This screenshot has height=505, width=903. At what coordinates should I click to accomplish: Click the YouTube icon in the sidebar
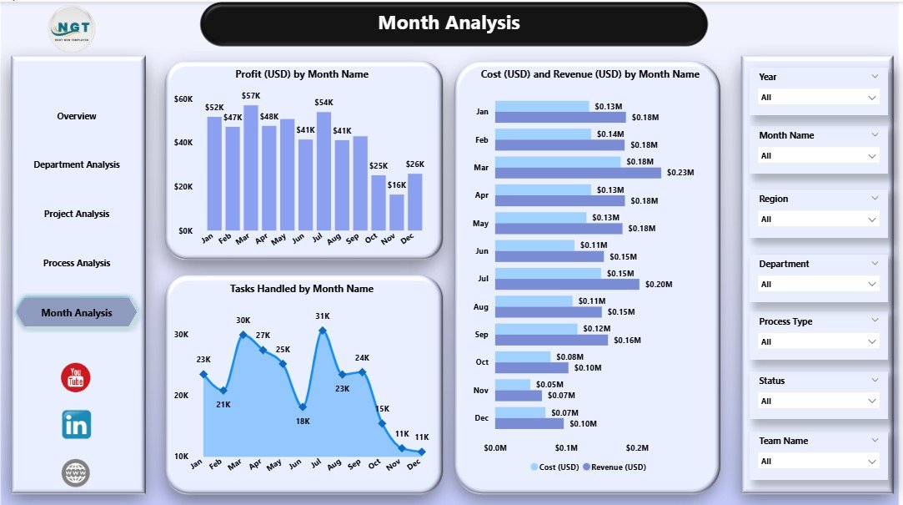76,377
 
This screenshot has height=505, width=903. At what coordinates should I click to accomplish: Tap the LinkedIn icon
77,425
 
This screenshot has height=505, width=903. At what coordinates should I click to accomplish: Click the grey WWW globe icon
76,473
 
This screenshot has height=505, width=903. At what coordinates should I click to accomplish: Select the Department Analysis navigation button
77,164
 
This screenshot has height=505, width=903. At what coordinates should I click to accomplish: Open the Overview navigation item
77,116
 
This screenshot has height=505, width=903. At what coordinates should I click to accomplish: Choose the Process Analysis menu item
77,263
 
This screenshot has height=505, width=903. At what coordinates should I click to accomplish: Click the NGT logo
72,28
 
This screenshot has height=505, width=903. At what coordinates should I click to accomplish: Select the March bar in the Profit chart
251,168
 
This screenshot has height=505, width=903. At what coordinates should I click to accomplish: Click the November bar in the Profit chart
397,212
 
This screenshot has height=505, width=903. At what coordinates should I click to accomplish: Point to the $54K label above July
324,103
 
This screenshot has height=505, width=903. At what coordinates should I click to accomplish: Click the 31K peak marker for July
322,331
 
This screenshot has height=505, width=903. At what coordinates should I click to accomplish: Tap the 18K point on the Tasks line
303,407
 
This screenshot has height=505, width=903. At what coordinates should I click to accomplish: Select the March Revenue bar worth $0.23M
577,173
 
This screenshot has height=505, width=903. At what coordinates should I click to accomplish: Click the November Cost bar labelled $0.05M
512,385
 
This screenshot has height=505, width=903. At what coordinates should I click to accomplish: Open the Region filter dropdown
818,219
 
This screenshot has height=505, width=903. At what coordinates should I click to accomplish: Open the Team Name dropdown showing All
818,461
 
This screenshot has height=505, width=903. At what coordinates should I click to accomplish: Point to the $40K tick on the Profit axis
183,143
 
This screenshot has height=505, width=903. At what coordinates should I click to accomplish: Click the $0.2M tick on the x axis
637,448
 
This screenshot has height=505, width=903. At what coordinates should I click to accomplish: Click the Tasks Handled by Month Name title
302,289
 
